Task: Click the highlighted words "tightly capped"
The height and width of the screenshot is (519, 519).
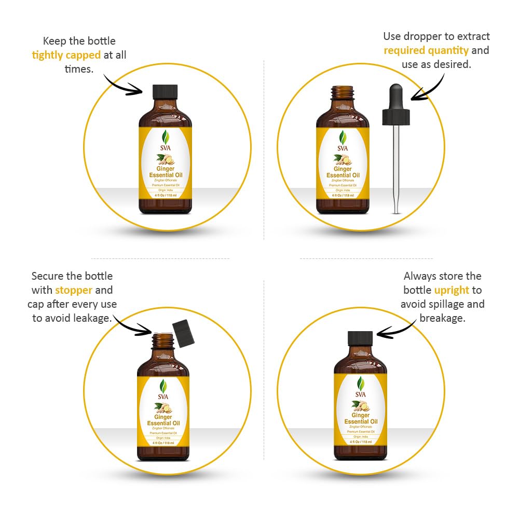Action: [x=66, y=55]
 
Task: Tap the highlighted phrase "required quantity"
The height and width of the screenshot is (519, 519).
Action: [x=426, y=50]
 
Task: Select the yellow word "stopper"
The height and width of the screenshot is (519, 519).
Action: [x=74, y=290]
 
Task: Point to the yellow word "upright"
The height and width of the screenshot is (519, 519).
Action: [x=452, y=290]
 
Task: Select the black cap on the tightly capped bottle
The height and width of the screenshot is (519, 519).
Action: [x=165, y=92]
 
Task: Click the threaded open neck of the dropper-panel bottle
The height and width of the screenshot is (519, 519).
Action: [x=343, y=92]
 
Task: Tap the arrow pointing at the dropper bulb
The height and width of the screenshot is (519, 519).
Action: [x=428, y=86]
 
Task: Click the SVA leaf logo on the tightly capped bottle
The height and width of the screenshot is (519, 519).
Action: [x=165, y=138]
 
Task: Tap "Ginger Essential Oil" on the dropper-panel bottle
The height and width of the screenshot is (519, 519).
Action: [x=343, y=172]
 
